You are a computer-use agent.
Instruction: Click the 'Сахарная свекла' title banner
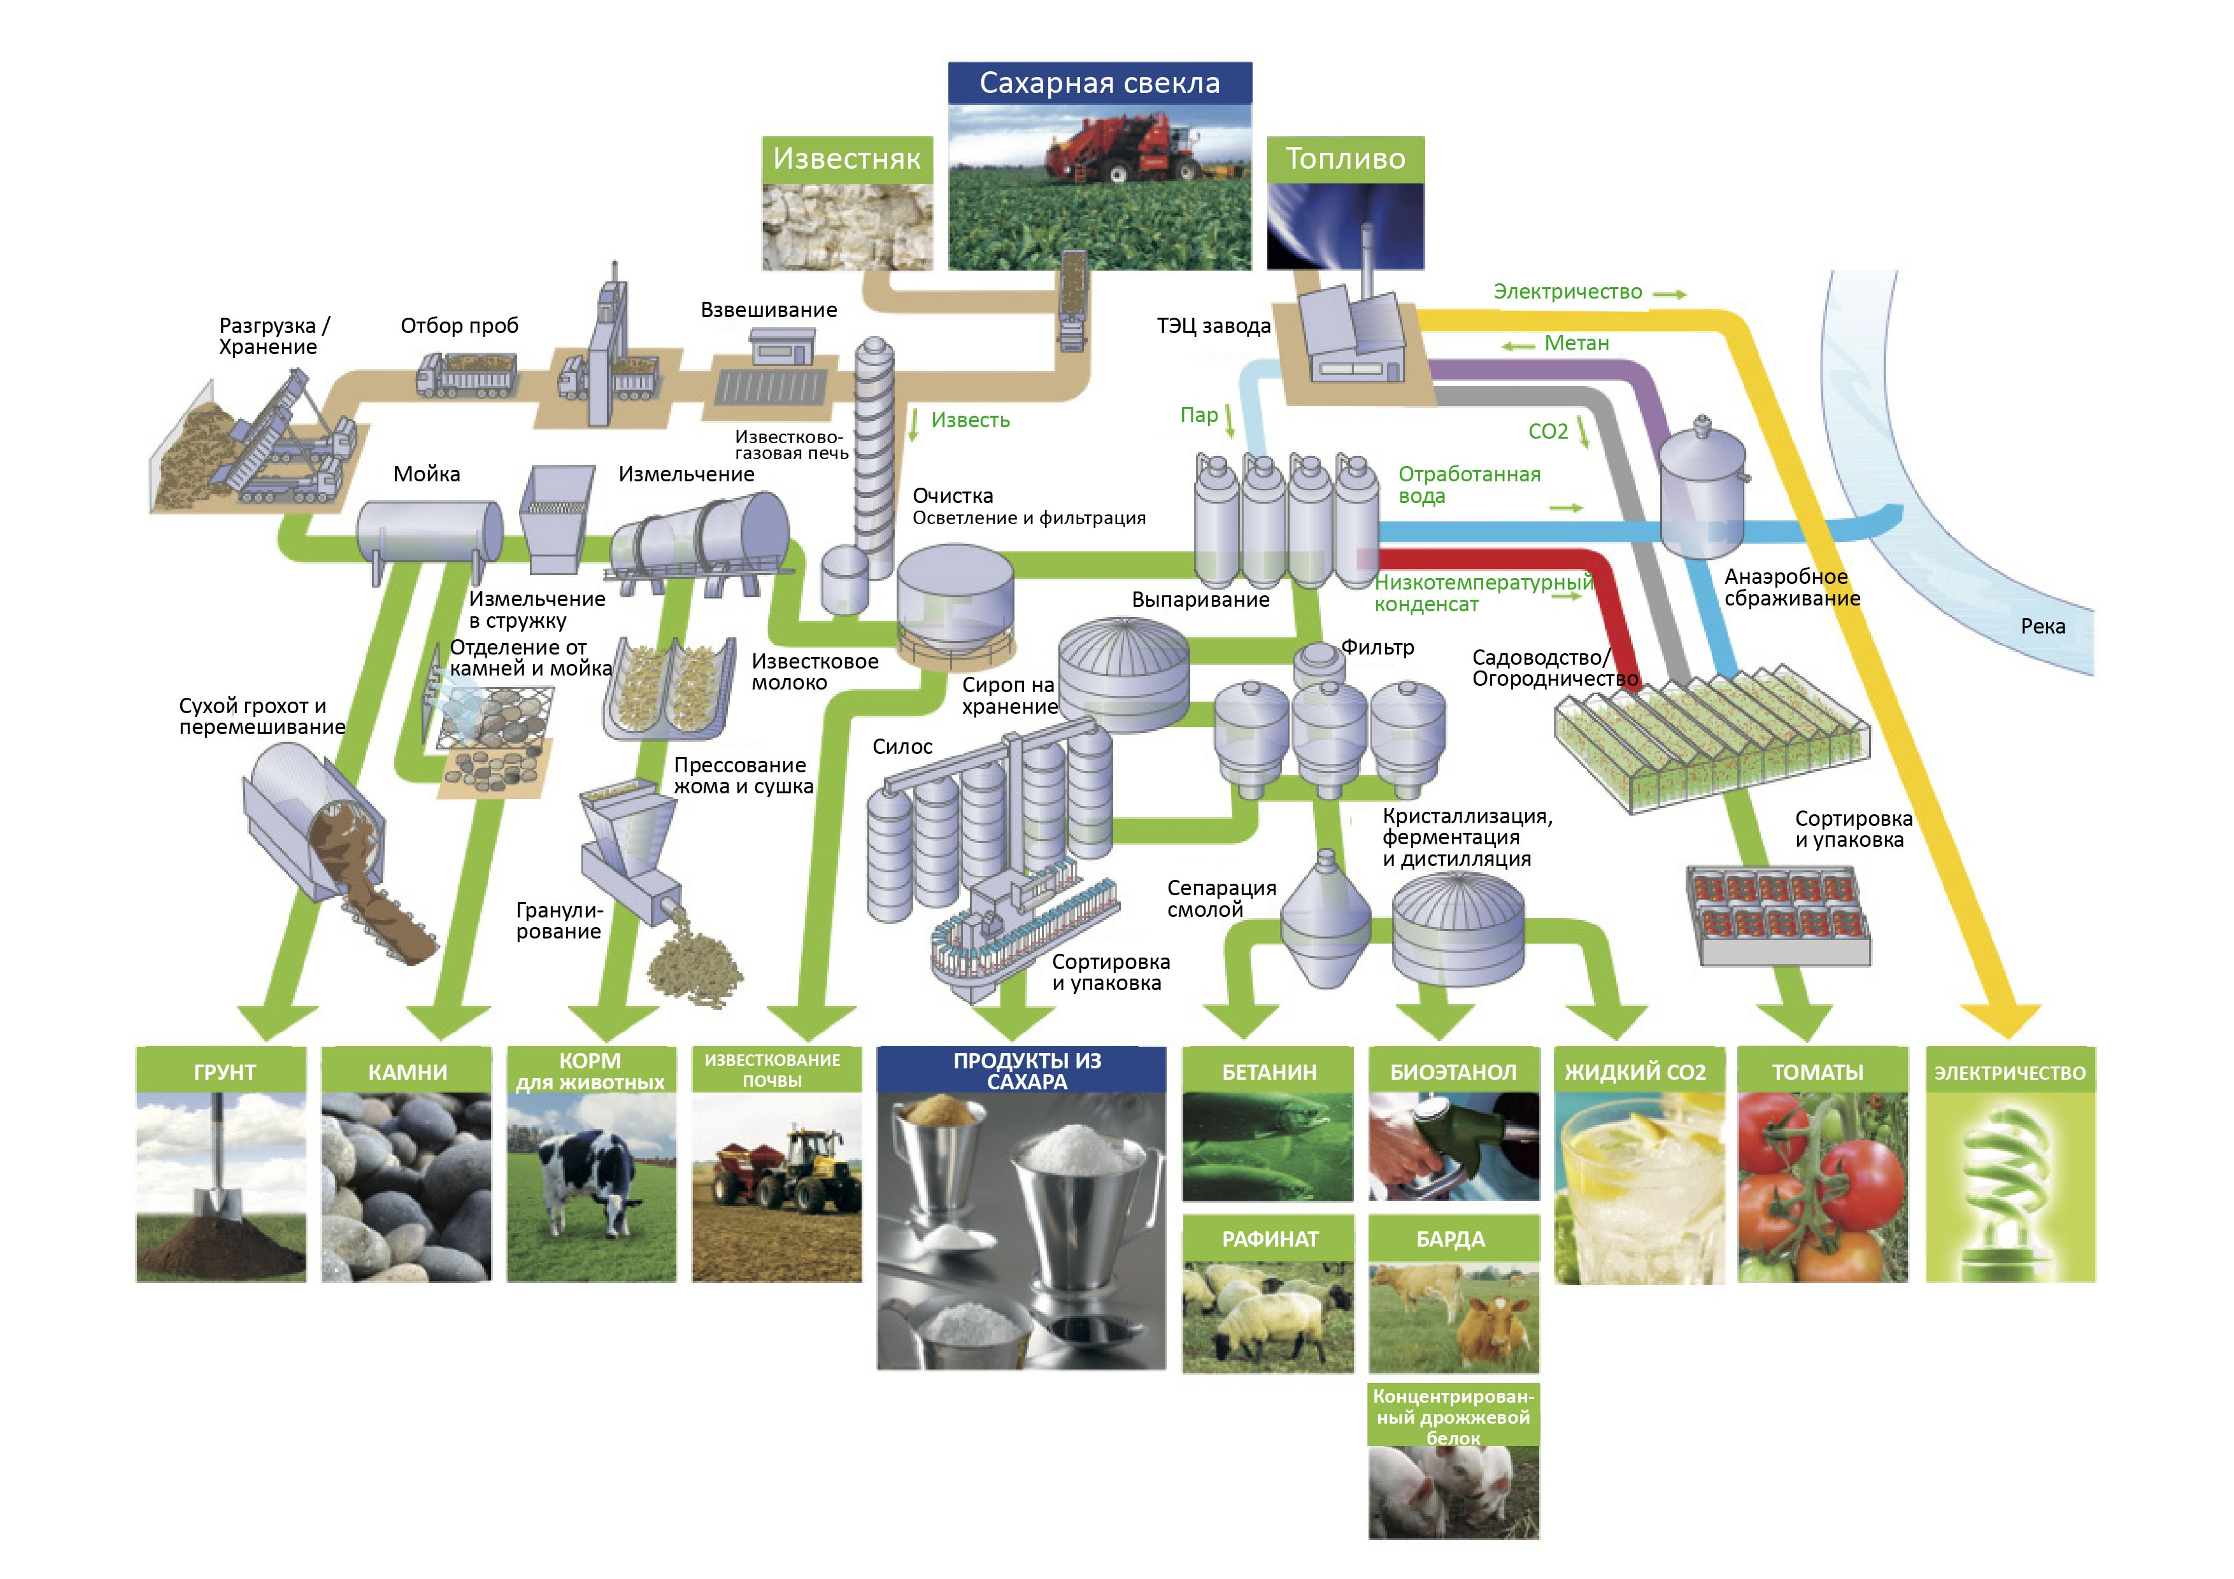(1099, 83)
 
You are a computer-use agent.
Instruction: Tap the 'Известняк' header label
(846, 159)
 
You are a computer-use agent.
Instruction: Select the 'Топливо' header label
(1345, 159)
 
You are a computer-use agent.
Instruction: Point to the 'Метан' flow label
(1576, 343)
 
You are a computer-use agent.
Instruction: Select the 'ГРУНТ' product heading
(224, 1072)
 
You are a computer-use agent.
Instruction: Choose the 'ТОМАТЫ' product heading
(1817, 1072)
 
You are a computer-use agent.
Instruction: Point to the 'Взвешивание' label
(769, 310)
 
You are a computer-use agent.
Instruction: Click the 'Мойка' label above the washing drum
(426, 475)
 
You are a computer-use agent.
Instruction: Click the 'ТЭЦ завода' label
(1213, 326)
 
